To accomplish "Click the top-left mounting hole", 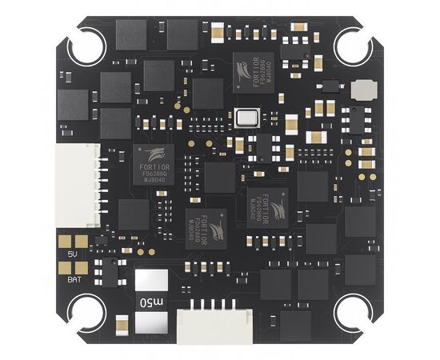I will pyautogui.click(x=86, y=46).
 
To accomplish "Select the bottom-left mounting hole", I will pyautogui.click(x=86, y=313).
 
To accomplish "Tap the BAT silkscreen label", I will pyautogui.click(x=73, y=279).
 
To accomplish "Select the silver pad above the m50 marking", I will pyautogui.click(x=152, y=282).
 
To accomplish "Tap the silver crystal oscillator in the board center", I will pyautogui.click(x=248, y=118).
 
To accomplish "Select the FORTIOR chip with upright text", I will pyautogui.click(x=154, y=166).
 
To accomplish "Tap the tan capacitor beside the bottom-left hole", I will pyautogui.click(x=122, y=324).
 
